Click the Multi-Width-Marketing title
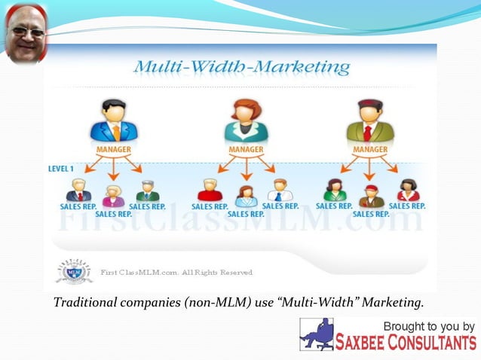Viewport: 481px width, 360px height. [241, 68]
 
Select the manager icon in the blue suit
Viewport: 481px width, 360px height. [114, 123]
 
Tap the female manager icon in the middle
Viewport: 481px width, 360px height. [246, 123]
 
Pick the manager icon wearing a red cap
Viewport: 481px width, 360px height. [370, 123]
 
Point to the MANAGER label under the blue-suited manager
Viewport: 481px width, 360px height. [114, 150]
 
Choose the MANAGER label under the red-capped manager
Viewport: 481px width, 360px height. [370, 150]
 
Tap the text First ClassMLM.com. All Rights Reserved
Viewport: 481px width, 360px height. [176, 272]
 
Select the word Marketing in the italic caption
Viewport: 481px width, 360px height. [391, 304]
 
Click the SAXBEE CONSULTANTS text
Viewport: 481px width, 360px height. [408, 343]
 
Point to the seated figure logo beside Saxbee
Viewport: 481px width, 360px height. [317, 334]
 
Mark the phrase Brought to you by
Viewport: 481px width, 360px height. [429, 326]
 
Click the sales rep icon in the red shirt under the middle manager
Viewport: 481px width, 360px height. [210, 190]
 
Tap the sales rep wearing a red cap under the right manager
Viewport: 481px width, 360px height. [370, 197]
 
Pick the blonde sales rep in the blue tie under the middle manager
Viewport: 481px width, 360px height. [280, 190]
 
